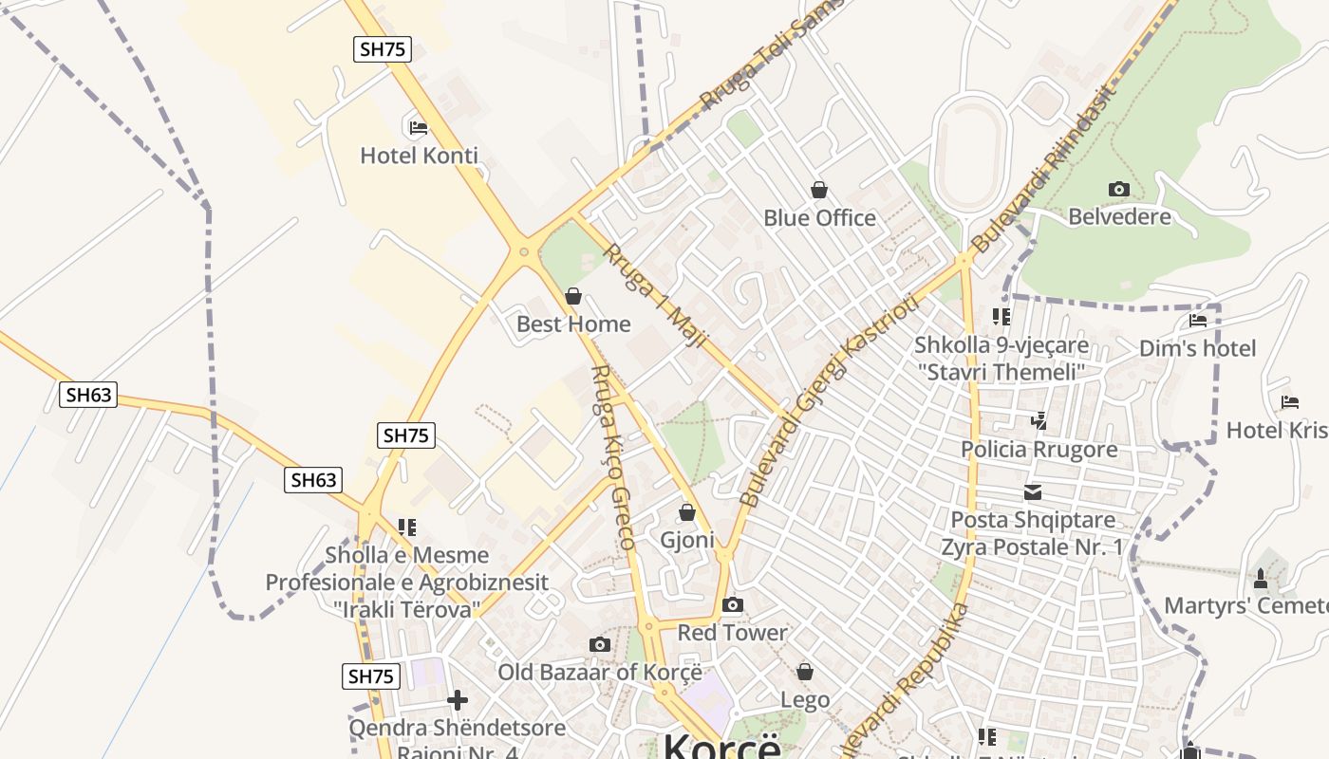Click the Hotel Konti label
419,156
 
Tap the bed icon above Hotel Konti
418,127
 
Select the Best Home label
573,324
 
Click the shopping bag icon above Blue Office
819,191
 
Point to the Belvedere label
1119,217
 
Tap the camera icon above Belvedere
1119,189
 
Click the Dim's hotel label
1197,348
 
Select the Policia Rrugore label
1039,449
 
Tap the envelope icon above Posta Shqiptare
1033,492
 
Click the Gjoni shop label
687,540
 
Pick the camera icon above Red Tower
732,604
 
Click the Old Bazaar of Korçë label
600,673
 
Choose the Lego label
805,700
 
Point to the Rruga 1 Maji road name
657,295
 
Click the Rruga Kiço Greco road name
612,457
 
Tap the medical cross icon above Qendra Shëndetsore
458,700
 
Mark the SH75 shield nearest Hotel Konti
383,49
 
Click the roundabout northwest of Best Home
523,251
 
